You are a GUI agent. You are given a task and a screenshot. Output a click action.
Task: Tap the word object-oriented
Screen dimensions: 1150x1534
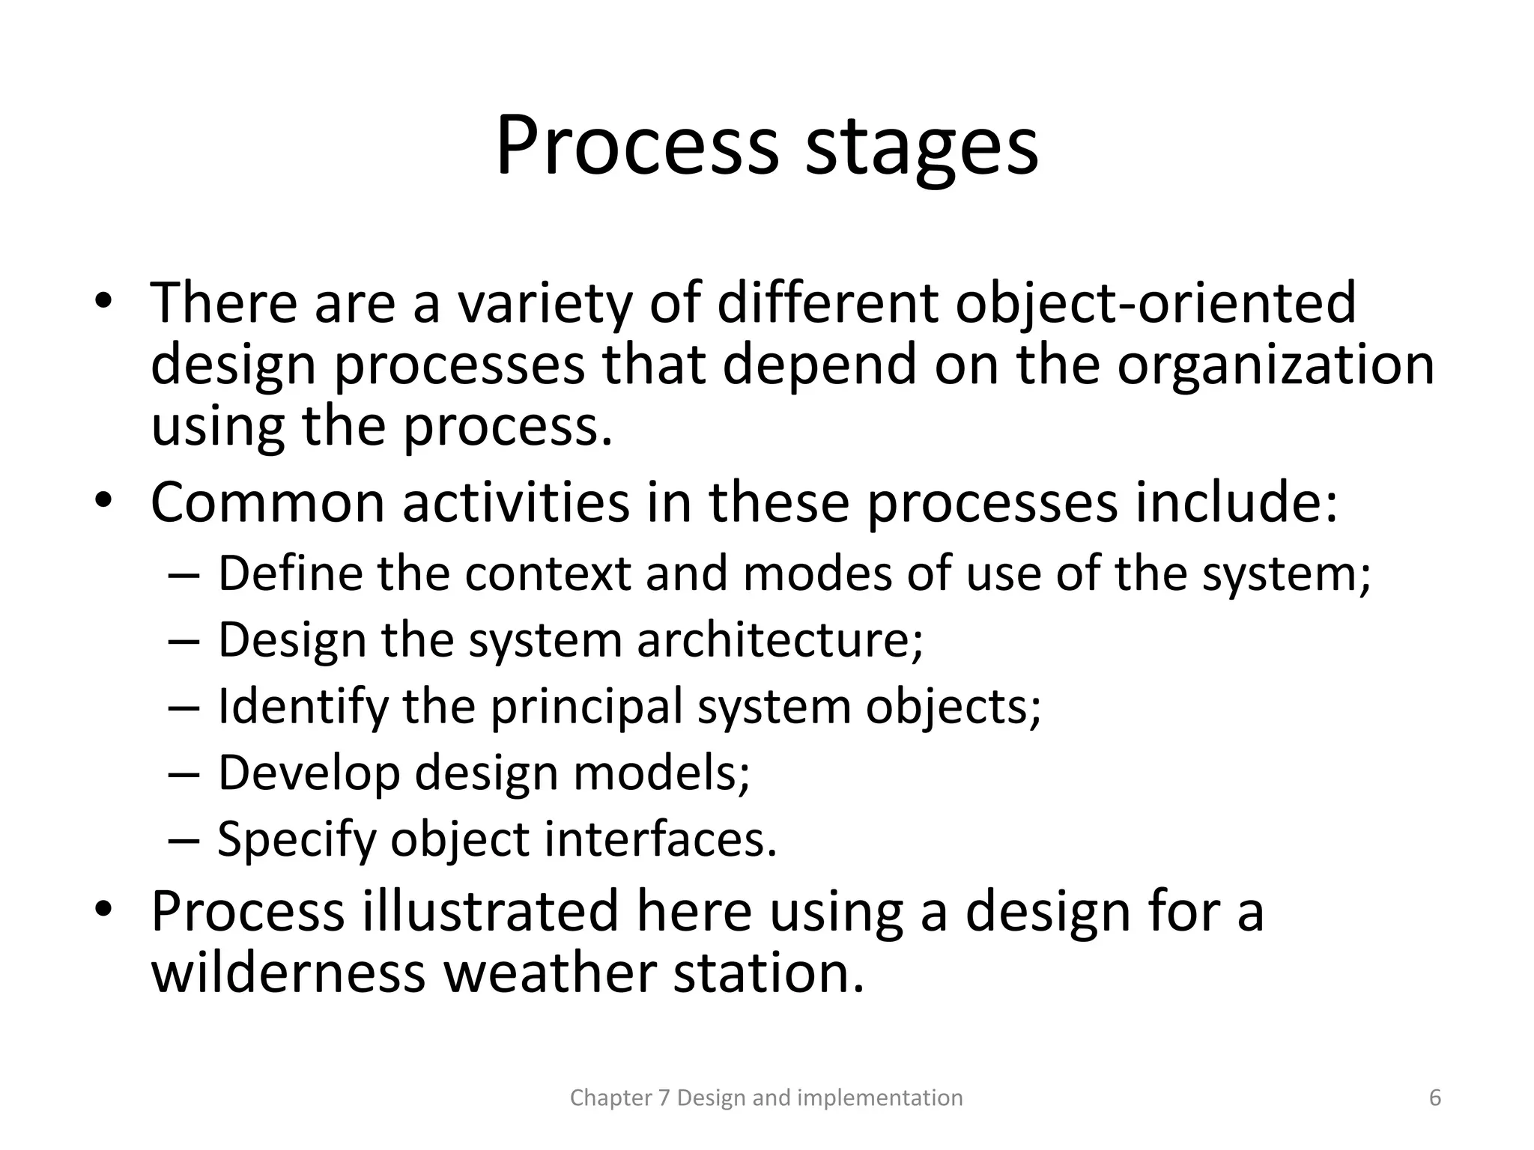pyautogui.click(x=1156, y=303)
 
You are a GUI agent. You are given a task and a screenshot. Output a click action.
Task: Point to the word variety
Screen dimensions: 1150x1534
pyautogui.click(x=545, y=305)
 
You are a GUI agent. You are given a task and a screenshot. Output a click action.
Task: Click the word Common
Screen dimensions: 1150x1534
pyautogui.click(x=267, y=502)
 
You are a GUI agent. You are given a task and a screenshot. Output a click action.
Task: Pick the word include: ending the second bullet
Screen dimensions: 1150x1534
pyautogui.click(x=1236, y=502)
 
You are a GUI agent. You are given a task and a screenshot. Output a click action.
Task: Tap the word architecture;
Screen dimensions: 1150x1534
pyautogui.click(x=780, y=641)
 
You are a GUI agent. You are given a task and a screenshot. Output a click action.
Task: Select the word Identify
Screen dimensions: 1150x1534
pyautogui.click(x=303, y=707)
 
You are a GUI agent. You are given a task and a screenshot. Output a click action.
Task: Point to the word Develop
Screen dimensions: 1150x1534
pyautogui.click(x=309, y=773)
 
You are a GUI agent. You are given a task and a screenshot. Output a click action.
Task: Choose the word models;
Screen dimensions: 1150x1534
pyautogui.click(x=661, y=773)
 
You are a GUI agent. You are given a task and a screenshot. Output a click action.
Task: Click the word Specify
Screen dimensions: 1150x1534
pyautogui.click(x=297, y=840)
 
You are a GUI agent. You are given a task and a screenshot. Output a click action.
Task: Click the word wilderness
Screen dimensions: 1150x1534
pyautogui.click(x=288, y=973)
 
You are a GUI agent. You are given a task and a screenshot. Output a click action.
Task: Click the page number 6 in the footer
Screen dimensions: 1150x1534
pyautogui.click(x=1435, y=1098)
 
